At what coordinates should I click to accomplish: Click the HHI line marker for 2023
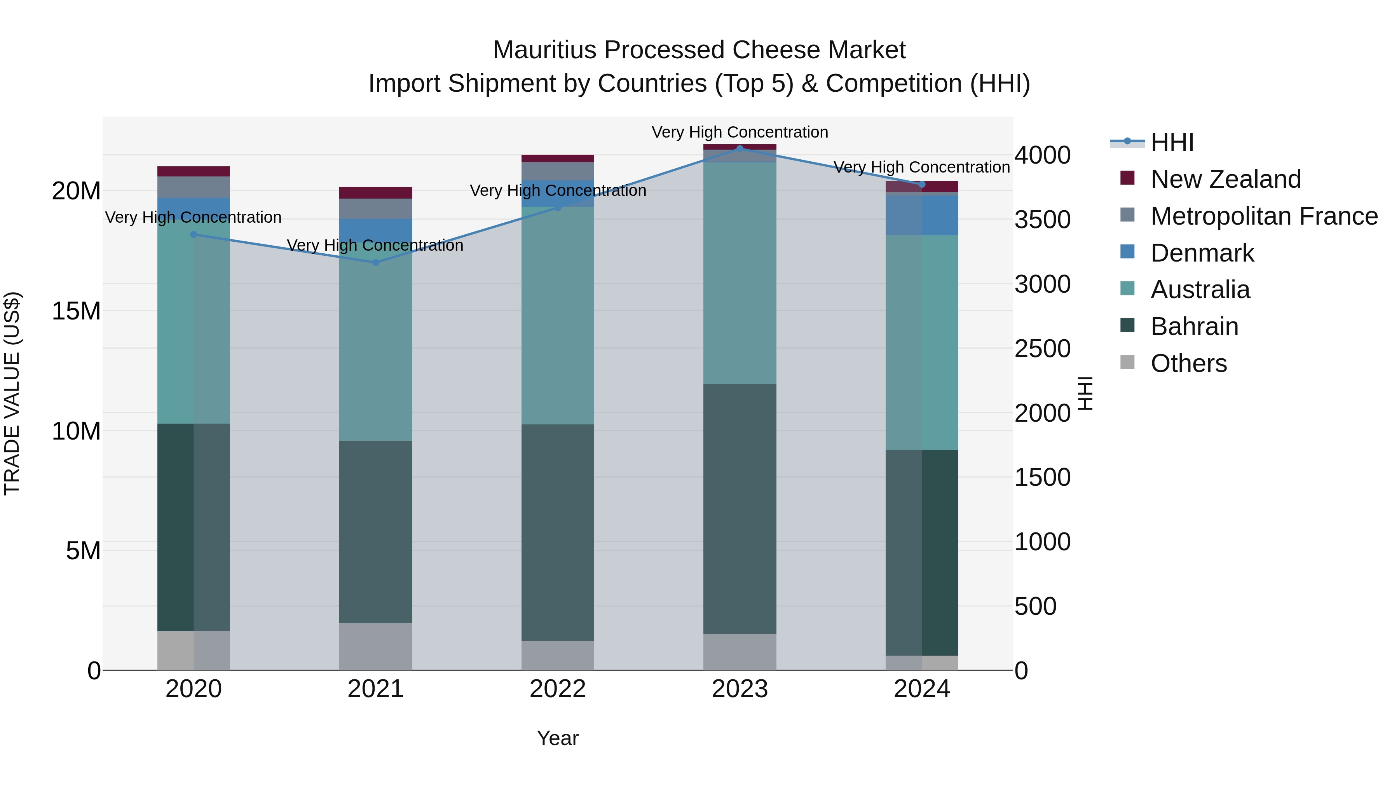pyautogui.click(x=740, y=148)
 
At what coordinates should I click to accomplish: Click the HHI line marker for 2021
pyautogui.click(x=375, y=262)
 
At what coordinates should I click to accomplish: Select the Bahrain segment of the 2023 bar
pyautogui.click(x=740, y=508)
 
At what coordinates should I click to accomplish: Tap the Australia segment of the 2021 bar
pyautogui.click(x=375, y=347)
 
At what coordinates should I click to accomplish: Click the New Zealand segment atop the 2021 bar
pyautogui.click(x=375, y=193)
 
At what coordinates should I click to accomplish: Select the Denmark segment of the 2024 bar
pyautogui.click(x=922, y=215)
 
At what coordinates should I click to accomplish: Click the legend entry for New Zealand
pyautogui.click(x=1225, y=179)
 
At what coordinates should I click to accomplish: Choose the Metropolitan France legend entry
pyautogui.click(x=1263, y=216)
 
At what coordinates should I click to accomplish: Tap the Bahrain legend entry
pyautogui.click(x=1194, y=326)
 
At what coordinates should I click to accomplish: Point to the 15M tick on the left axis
pyautogui.click(x=76, y=311)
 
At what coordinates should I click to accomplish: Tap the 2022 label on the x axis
pyautogui.click(x=558, y=689)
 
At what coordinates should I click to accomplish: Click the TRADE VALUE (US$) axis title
pyautogui.click(x=12, y=393)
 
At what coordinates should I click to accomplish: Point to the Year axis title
pyautogui.click(x=558, y=738)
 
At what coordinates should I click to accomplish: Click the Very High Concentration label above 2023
pyautogui.click(x=740, y=132)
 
